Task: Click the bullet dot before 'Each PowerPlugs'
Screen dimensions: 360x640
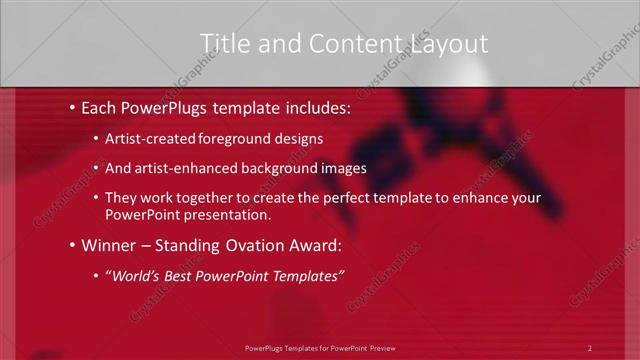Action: [73, 105]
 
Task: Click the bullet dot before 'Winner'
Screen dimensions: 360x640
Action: [73, 245]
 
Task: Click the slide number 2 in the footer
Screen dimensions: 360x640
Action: [590, 347]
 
